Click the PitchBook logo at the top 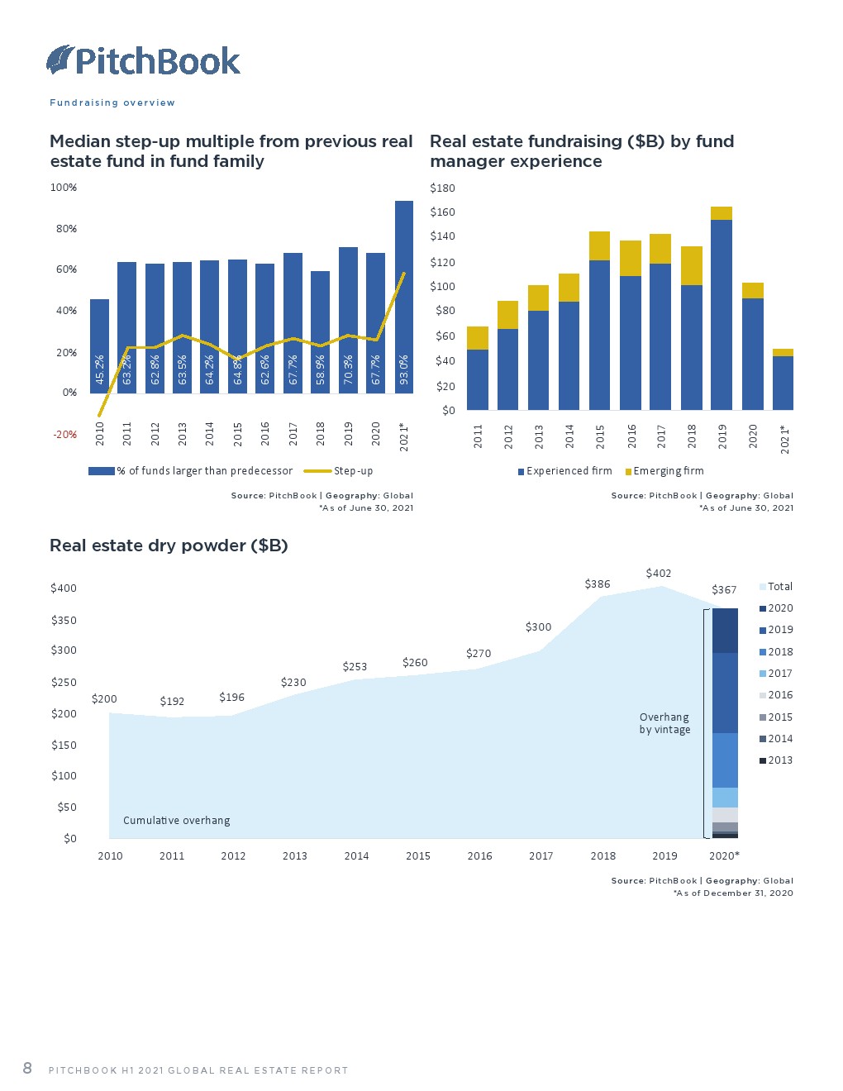click(143, 61)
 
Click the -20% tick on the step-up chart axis click(65, 435)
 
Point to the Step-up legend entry click(340, 471)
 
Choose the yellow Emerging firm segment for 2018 click(692, 265)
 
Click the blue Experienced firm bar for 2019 click(722, 314)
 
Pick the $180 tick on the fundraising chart click(443, 188)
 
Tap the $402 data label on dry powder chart click(659, 574)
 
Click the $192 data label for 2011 click(172, 702)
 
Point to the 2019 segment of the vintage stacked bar click(725, 693)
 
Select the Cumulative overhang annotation click(177, 821)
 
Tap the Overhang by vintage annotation click(664, 723)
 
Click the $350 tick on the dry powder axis click(64, 621)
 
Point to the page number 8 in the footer click(27, 1069)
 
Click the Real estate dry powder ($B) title click(169, 545)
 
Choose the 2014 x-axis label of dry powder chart click(356, 856)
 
